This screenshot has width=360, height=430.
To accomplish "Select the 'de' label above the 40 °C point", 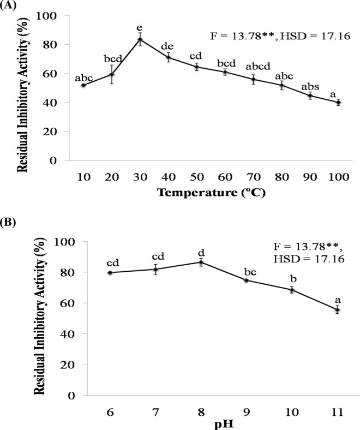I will (169, 46).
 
